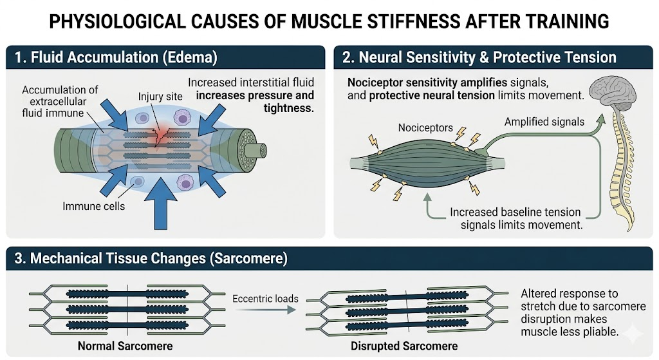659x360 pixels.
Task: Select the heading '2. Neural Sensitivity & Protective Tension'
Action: pyautogui.click(x=479, y=57)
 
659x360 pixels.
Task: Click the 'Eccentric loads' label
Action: pyautogui.click(x=265, y=299)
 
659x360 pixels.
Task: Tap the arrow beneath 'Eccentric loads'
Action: pyautogui.click(x=264, y=310)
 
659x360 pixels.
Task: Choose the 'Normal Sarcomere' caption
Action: pyautogui.click(x=125, y=346)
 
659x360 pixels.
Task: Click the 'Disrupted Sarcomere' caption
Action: pyautogui.click(x=404, y=346)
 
